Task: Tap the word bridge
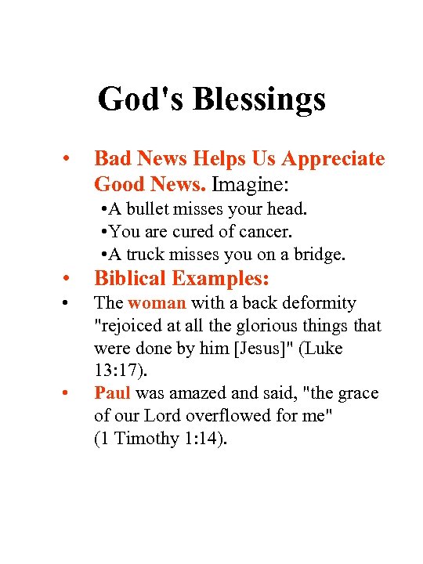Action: [319, 255]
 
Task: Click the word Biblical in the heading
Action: [130, 279]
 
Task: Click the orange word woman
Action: [157, 303]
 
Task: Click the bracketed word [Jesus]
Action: [262, 348]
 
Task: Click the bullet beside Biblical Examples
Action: [68, 279]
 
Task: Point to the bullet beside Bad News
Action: [68, 159]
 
